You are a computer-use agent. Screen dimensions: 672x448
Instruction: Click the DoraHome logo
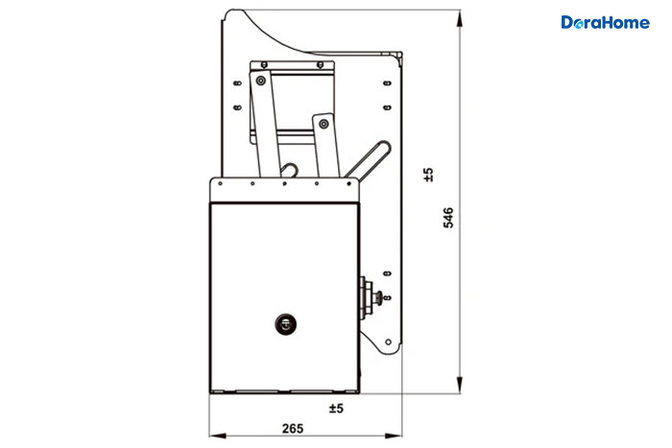(x=605, y=22)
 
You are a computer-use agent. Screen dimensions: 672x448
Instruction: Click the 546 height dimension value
(x=448, y=218)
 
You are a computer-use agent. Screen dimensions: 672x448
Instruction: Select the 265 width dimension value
(x=293, y=428)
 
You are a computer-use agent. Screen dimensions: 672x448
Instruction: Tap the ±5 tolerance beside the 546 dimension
(x=428, y=175)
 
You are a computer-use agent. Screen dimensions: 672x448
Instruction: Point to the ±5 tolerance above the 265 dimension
(x=336, y=408)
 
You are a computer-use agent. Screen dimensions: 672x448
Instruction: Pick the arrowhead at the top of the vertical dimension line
(x=460, y=18)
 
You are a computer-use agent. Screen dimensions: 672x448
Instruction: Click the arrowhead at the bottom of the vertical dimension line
(x=460, y=385)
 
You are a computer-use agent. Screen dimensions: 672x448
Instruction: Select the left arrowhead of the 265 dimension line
(x=218, y=436)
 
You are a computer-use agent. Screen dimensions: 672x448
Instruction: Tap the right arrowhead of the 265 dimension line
(x=394, y=436)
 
